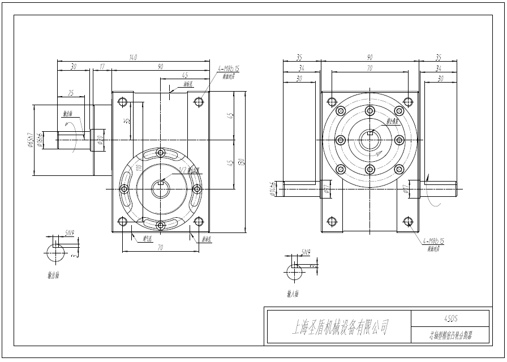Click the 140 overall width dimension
(134, 57)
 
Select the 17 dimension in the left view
(102, 66)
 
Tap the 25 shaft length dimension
(71, 93)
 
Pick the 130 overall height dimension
(242, 162)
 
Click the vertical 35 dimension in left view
(128, 120)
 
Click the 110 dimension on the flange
(138, 169)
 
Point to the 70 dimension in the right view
(369, 68)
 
